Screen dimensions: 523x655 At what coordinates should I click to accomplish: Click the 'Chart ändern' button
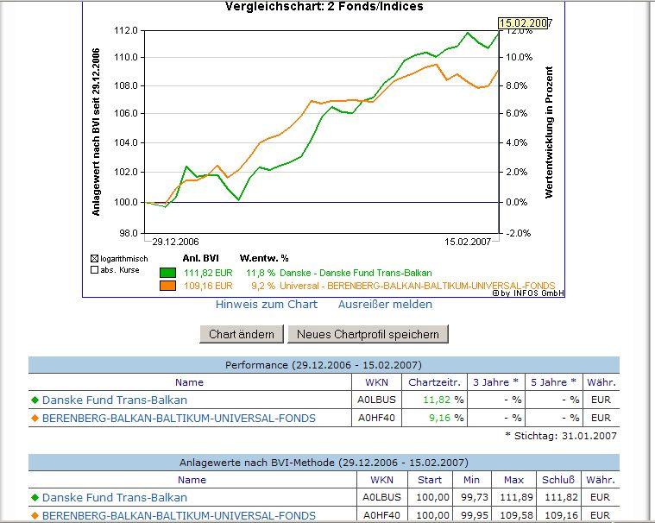[242, 334]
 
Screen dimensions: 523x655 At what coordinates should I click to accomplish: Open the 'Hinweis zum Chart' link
[266, 305]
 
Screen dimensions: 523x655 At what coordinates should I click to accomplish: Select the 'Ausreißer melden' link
[385, 305]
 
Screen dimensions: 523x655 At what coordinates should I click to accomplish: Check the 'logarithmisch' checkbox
[95, 258]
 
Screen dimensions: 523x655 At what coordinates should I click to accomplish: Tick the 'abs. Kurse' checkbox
[95, 270]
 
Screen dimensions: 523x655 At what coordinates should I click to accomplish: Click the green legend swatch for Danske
[167, 273]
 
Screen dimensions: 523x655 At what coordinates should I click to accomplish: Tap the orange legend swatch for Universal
[167, 286]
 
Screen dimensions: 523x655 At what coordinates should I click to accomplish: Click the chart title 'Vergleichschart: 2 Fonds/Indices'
[324, 7]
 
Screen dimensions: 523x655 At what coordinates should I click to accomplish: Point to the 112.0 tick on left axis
[126, 30]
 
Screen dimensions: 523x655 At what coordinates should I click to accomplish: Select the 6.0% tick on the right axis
[516, 114]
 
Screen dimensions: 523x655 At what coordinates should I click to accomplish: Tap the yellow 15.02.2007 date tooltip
[524, 23]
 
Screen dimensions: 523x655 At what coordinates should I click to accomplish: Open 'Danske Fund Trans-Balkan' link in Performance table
[114, 400]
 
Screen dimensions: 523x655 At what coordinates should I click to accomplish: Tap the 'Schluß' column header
[554, 480]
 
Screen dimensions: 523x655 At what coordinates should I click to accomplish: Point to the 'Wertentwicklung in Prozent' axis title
[549, 132]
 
